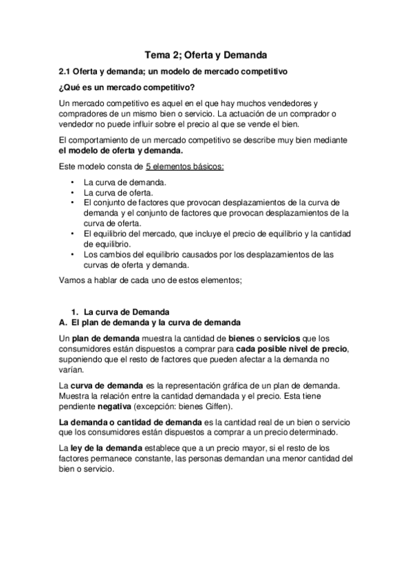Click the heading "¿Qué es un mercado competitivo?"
tap(128, 87)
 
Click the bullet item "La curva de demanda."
tap(124, 182)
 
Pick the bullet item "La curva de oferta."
tap(120, 193)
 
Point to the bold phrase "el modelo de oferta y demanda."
tap(120, 150)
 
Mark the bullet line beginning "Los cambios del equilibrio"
tap(208, 254)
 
